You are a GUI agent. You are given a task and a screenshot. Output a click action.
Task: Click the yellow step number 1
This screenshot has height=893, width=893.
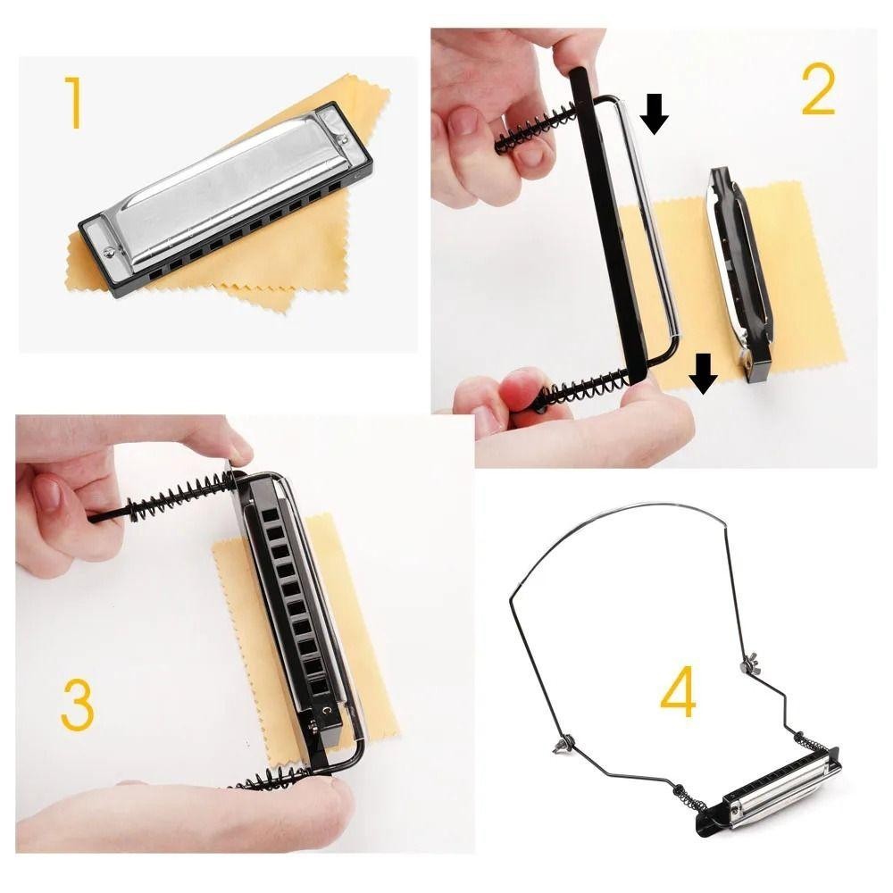coord(73,102)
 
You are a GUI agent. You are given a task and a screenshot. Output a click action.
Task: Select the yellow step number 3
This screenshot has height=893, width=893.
coord(78,705)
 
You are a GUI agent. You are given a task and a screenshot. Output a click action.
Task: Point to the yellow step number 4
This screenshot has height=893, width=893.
coord(679,691)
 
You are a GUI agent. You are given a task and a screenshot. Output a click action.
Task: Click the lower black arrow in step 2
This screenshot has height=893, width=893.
coord(704,373)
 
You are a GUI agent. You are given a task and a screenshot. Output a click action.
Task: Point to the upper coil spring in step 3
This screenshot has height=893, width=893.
coord(181,493)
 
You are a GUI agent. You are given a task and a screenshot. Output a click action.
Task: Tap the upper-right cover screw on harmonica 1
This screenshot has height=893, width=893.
coord(344,138)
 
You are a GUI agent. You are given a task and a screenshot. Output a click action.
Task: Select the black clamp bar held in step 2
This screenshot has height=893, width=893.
coord(608,225)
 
